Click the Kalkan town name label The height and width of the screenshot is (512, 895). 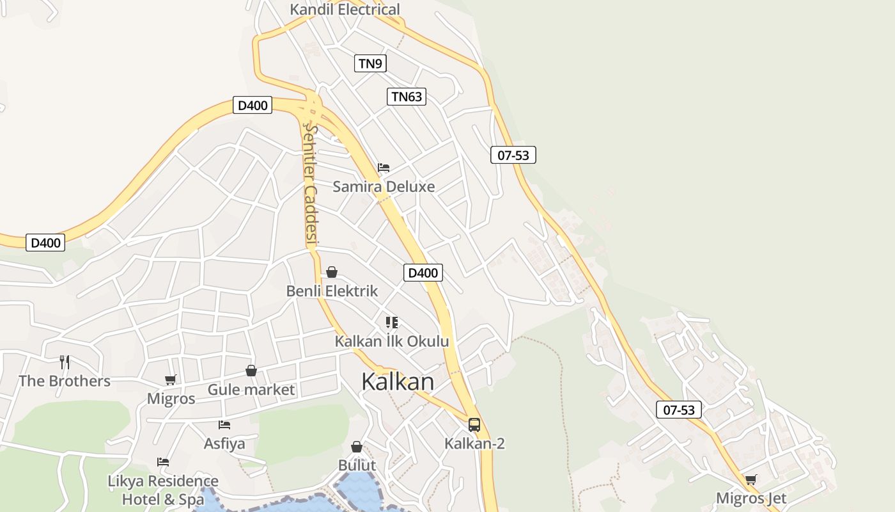click(398, 381)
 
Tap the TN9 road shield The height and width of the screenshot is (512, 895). click(370, 63)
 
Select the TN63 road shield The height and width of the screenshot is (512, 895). click(407, 97)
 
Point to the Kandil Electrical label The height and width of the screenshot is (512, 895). click(345, 10)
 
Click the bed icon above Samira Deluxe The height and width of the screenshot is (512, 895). click(384, 168)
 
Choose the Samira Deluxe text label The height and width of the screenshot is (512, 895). click(384, 187)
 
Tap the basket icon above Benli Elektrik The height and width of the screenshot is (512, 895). click(332, 273)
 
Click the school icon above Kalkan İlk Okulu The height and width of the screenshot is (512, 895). click(392, 323)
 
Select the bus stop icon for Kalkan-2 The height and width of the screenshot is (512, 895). click(474, 425)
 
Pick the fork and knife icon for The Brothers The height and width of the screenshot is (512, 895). click(65, 362)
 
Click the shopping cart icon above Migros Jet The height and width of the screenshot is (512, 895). click(751, 479)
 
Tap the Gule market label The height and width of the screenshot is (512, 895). click(251, 390)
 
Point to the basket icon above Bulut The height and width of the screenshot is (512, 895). click(357, 447)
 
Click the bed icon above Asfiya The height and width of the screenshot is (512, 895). click(224, 424)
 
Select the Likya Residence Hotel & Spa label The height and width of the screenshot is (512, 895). click(162, 490)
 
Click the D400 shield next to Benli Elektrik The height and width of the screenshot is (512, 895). click(423, 273)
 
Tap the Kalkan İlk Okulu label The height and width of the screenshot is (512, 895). click(392, 342)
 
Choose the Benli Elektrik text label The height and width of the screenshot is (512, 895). click(332, 291)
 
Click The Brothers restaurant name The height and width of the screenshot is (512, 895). click(65, 381)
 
